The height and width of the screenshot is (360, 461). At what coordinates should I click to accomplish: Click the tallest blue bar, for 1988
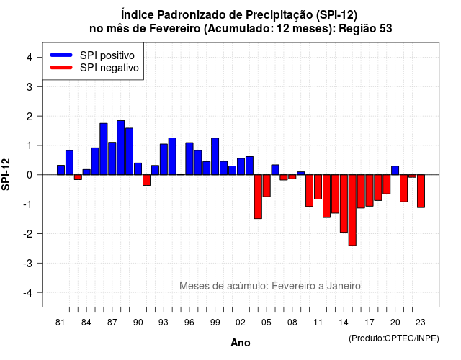(x=120, y=148)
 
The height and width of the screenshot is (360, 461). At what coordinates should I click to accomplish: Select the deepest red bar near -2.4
(x=352, y=210)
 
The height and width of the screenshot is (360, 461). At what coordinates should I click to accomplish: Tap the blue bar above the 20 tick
(x=395, y=171)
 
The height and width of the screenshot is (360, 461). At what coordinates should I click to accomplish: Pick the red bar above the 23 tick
(x=421, y=191)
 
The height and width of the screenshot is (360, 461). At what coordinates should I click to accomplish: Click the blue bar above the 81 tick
(x=61, y=170)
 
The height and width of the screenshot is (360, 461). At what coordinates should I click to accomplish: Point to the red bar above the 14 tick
(x=344, y=203)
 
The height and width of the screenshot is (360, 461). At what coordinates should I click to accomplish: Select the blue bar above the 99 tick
(x=215, y=156)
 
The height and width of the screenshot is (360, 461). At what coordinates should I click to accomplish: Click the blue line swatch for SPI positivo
(x=61, y=55)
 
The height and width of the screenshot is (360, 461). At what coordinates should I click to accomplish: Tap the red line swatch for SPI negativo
(x=61, y=67)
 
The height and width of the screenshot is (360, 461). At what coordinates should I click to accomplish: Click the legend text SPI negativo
(x=109, y=68)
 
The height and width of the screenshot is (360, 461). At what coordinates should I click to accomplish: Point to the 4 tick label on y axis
(x=30, y=58)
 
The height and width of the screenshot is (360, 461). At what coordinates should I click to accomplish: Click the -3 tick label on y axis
(x=27, y=263)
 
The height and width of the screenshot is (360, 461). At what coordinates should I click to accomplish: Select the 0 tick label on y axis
(x=30, y=175)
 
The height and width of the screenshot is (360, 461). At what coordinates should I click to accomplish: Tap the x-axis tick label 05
(x=267, y=323)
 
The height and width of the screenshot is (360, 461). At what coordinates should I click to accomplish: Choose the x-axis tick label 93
(x=164, y=323)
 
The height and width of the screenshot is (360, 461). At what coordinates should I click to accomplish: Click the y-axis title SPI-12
(x=6, y=174)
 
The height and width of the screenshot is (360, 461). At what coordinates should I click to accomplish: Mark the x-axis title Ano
(x=241, y=343)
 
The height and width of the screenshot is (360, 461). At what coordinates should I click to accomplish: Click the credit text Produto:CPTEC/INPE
(x=394, y=338)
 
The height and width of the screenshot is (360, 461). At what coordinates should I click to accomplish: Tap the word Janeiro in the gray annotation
(x=344, y=286)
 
